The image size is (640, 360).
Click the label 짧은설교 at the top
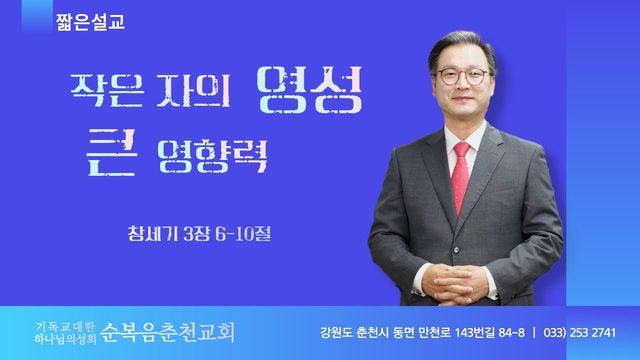pos(91,22)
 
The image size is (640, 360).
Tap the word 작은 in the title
pos(107,90)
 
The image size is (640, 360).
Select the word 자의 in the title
pos(194,90)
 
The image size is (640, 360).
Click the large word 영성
pos(310,89)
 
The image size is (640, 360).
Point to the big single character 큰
pos(111,152)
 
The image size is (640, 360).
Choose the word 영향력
pos(212,156)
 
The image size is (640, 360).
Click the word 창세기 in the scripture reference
pos(153,234)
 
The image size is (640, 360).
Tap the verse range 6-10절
pos(243,234)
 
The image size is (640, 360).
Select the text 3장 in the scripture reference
pos(197,234)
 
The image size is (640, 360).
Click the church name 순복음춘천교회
pos(168,332)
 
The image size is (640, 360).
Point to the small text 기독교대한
pos(65,327)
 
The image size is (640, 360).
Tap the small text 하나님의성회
pos(65,338)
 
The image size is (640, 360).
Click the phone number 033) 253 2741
pos(580,333)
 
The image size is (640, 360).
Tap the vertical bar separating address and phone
pos(534,333)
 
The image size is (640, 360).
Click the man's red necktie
pos(461,178)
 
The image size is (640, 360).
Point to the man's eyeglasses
pos(462,76)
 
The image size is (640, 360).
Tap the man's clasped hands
pos(454,284)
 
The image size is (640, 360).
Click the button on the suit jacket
pos(456,250)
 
